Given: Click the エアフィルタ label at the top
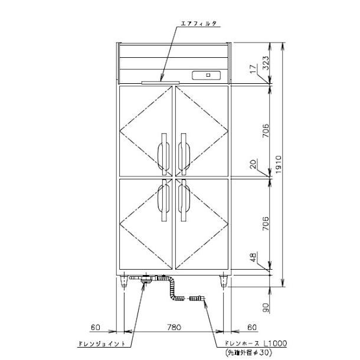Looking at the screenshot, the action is coord(199,24).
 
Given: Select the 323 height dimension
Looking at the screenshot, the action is coord(266,63).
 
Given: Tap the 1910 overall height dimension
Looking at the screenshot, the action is coord(279,165).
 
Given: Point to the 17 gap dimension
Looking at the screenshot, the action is coord(253,69).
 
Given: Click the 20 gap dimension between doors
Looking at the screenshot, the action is coord(253,164).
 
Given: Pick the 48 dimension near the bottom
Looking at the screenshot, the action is coord(253,257).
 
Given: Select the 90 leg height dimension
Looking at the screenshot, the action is coord(266,307).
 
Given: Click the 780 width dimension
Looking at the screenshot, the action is coord(174,327).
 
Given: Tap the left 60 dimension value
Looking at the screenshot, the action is coord(96,327).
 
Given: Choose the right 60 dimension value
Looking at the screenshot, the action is coord(252,327).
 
